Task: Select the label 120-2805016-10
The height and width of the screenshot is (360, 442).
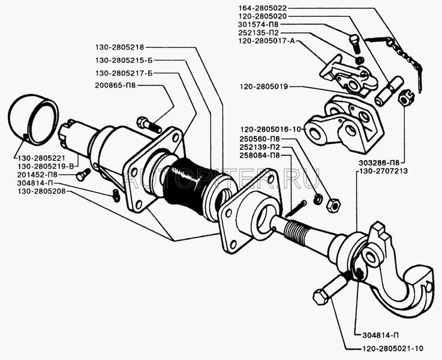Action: [272, 129]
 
